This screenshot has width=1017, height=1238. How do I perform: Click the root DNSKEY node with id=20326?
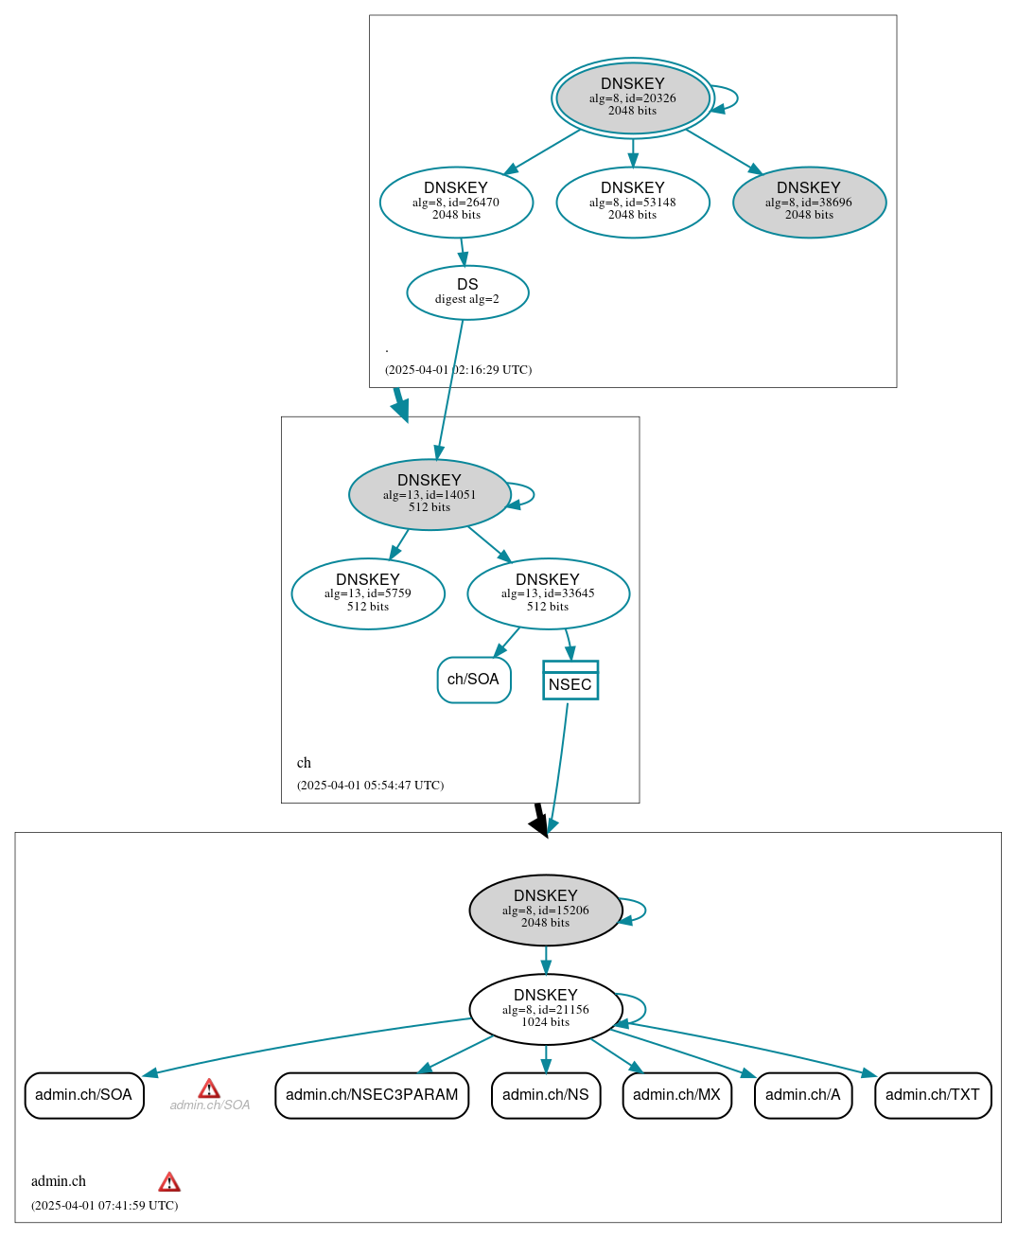tap(632, 98)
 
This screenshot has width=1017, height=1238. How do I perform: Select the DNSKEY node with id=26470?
tap(456, 202)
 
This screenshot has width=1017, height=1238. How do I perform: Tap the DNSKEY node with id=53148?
tap(632, 202)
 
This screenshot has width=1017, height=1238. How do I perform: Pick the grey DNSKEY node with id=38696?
tap(809, 202)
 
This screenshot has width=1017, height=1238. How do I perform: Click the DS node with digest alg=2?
tap(467, 292)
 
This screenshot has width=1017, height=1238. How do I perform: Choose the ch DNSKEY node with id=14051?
tap(430, 494)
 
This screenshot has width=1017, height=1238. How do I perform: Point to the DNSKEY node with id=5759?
tap(368, 593)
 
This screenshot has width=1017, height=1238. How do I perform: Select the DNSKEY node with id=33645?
tap(548, 593)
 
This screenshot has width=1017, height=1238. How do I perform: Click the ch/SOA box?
tap(474, 680)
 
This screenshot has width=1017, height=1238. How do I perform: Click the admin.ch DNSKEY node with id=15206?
tap(546, 910)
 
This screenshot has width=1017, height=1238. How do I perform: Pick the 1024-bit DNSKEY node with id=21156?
tap(546, 1009)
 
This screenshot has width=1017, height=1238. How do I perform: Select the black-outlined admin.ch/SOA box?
tap(84, 1095)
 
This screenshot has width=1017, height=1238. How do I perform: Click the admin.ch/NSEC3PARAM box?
tap(372, 1095)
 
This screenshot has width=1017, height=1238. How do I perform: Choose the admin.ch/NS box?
tap(546, 1095)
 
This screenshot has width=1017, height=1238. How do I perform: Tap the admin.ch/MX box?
tap(676, 1095)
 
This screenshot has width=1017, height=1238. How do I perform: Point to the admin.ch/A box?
tap(803, 1095)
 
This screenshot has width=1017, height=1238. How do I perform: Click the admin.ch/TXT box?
tap(933, 1095)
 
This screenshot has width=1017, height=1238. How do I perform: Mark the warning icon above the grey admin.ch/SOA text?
tap(209, 1088)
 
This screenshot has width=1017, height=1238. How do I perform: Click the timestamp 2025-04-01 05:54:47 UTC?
tap(370, 786)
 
